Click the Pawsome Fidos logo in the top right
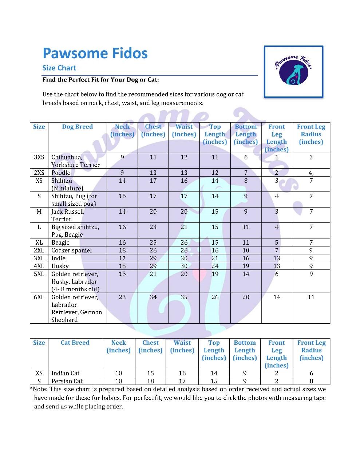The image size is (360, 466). pos(293,71)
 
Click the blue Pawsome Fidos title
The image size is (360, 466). pos(95,53)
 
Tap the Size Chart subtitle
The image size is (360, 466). pos(59,68)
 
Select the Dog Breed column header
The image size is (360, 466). pos(77,127)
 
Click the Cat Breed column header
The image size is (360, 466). pos(75,343)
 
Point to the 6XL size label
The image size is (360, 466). pos(39,297)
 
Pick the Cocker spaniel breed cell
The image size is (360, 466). pos(71,250)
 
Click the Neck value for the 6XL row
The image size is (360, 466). pos(122,297)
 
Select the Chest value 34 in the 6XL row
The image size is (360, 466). pos(153,297)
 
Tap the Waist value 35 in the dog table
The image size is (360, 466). pos(184,297)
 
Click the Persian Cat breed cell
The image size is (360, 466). pos(67,381)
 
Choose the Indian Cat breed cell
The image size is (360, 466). pos(66,373)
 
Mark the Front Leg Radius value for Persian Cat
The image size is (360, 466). pos(311,381)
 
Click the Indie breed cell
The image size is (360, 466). pos(59,258)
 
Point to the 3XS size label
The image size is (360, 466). pos(39,157)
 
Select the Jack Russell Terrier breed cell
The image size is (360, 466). pos(67,215)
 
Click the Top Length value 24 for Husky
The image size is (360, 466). pos(215,266)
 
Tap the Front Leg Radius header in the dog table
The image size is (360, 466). pos(311,134)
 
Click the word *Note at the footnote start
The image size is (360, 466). pos(39,389)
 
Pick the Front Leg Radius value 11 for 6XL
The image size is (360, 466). pos(311,297)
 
